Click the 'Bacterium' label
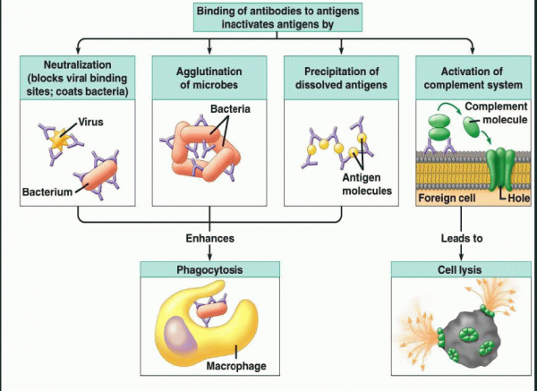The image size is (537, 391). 47,191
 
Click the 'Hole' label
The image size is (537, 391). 507,195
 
